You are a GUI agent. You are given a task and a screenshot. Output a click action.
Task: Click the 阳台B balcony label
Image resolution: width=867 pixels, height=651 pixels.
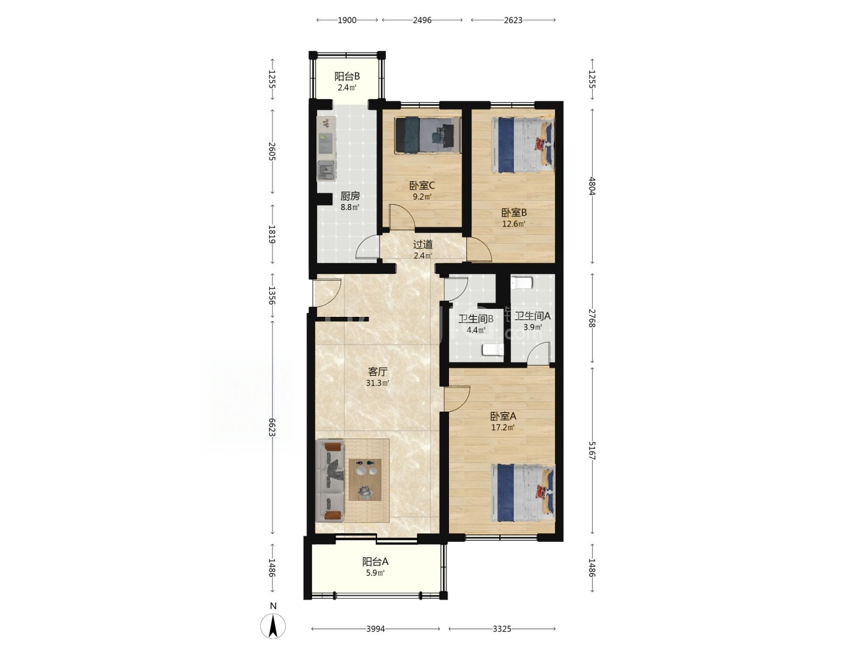(347, 76)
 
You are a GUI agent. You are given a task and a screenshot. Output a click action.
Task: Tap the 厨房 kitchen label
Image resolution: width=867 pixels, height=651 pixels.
(350, 196)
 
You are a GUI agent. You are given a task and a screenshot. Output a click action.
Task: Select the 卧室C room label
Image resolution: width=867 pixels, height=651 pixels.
(422, 185)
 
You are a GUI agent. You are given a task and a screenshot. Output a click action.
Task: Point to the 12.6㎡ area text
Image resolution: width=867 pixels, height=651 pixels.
(513, 224)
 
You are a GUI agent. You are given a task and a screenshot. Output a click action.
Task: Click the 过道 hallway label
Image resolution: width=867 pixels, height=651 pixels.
(422, 245)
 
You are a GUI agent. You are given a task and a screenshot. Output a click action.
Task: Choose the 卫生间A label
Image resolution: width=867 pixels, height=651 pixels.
(533, 316)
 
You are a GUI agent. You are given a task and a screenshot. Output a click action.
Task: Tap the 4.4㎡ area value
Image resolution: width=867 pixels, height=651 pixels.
(476, 330)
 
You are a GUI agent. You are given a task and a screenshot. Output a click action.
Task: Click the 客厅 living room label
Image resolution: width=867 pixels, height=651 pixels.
(377, 371)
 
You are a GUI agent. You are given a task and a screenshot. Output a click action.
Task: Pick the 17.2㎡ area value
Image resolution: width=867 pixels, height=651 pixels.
(503, 427)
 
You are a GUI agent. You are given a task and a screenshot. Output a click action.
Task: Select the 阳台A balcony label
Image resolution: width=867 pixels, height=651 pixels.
(375, 562)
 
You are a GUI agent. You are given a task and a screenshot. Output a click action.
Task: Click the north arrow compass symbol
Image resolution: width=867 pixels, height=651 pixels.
(272, 626)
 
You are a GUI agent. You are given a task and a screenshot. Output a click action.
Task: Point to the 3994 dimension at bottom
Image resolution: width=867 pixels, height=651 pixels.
(375, 629)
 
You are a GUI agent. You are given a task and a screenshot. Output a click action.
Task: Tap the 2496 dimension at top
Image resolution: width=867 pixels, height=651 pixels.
(422, 20)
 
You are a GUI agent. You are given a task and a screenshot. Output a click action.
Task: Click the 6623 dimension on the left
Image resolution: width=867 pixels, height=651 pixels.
(272, 427)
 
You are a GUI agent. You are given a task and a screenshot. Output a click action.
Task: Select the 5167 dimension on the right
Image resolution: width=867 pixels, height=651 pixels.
(591, 451)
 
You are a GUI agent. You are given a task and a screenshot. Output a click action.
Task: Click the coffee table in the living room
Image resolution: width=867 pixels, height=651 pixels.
(365, 479)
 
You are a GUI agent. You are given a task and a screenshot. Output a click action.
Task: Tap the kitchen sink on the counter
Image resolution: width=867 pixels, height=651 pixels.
(326, 170)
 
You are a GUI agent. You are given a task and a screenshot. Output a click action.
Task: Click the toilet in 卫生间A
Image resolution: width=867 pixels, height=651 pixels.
(522, 282)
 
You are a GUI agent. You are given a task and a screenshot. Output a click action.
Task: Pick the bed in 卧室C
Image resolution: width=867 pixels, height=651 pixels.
(428, 135)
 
